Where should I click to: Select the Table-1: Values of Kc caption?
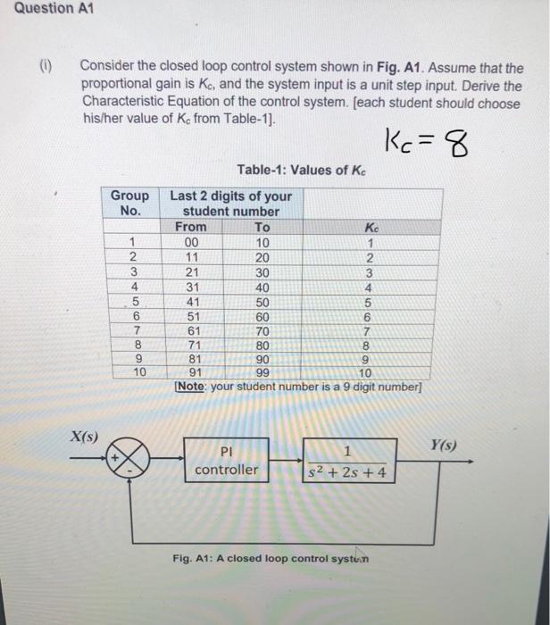[303, 171]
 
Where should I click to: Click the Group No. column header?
[130, 204]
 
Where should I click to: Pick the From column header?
[189, 228]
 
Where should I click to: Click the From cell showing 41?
[189, 304]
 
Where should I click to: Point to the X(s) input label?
[86, 437]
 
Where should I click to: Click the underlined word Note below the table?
[189, 387]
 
